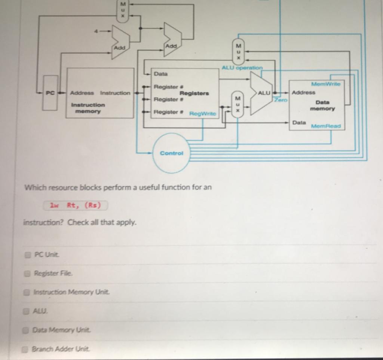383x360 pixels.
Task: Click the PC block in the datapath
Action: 50,93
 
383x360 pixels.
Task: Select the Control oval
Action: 171,153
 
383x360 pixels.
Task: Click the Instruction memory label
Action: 88,108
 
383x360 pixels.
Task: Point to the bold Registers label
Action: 194,93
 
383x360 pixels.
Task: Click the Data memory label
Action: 322,105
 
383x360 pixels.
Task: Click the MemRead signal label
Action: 326,126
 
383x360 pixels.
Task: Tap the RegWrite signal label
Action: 203,113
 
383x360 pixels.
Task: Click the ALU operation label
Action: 242,68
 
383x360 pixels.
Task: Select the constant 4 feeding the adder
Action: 96,31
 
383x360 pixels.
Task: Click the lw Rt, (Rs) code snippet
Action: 75,205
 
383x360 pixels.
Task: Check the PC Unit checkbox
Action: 27,255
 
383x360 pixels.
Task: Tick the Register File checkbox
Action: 27,273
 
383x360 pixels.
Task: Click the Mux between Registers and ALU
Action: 237,104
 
